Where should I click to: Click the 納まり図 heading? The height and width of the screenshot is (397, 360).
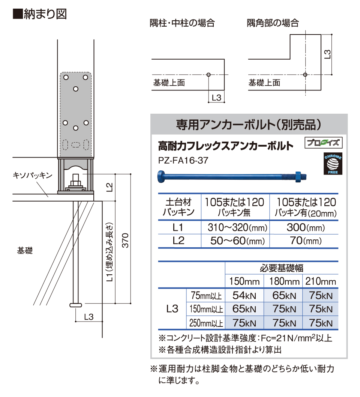(x=40, y=14)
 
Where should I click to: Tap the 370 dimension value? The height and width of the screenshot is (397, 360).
(x=126, y=240)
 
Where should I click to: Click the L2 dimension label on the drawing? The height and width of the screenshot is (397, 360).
(x=109, y=187)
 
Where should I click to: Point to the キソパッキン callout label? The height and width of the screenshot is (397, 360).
(x=32, y=175)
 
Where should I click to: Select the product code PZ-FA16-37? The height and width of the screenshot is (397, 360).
(x=183, y=160)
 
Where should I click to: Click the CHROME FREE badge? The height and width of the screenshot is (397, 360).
(x=333, y=164)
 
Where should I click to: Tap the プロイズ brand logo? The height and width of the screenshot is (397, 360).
(x=324, y=143)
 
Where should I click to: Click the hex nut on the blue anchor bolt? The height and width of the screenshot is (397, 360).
(x=298, y=176)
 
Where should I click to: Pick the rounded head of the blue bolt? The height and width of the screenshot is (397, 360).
(x=161, y=176)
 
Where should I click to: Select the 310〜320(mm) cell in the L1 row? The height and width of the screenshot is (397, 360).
(x=237, y=228)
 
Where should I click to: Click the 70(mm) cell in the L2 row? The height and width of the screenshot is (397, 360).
(x=306, y=241)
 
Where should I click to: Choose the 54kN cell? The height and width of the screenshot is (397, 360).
(x=244, y=295)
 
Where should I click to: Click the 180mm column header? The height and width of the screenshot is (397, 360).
(x=284, y=281)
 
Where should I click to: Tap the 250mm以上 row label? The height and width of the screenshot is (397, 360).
(x=206, y=323)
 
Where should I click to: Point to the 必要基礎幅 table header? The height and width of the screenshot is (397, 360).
(x=282, y=268)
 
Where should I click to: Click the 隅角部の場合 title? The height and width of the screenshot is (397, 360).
(x=273, y=23)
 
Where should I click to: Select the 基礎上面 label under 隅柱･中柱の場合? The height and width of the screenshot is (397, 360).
(x=169, y=83)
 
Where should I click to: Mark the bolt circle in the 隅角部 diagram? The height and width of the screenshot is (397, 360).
(x=305, y=75)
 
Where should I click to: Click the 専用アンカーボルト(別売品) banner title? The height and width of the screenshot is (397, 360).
(x=249, y=125)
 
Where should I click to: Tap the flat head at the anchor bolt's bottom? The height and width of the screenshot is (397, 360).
(x=76, y=305)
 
